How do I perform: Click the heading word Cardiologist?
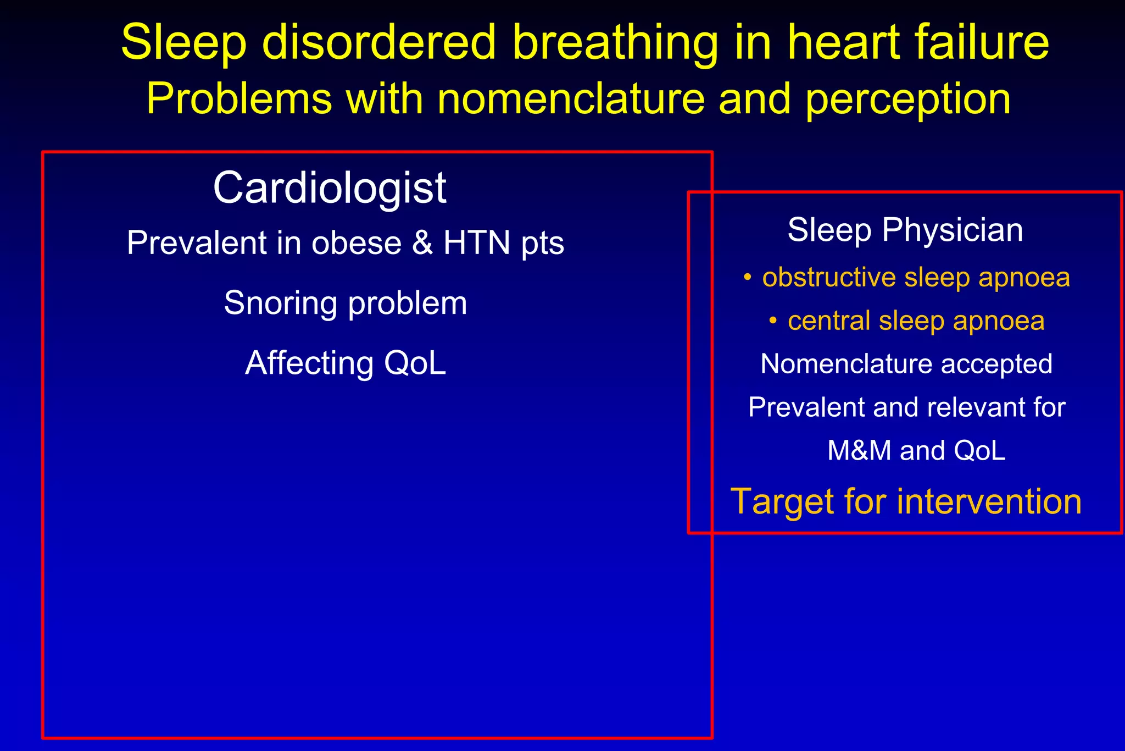330,188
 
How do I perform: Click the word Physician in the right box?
953,230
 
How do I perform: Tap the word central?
829,321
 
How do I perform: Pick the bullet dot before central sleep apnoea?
773,321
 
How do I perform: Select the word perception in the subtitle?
908,100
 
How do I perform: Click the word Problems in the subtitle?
239,100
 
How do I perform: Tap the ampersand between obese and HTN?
422,243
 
